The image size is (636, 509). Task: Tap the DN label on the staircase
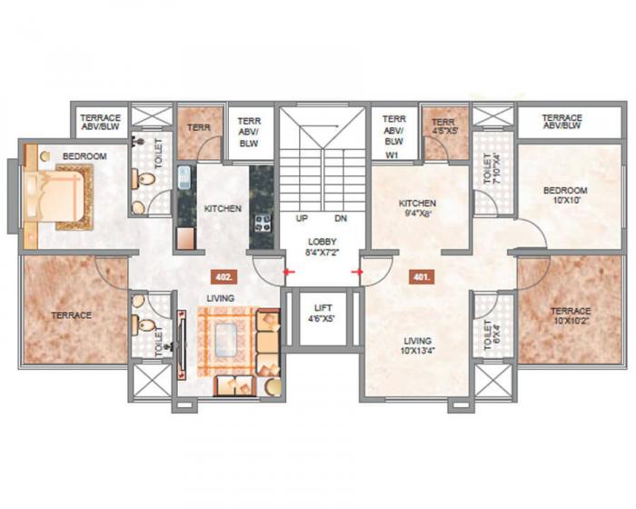[340, 219]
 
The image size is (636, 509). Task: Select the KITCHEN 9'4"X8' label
[417, 208]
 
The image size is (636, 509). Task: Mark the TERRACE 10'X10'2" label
[570, 315]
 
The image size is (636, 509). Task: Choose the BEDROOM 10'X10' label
[565, 195]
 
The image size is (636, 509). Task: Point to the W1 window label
[393, 155]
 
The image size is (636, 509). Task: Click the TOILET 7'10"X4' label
[492, 168]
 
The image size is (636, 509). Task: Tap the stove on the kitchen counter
[261, 221]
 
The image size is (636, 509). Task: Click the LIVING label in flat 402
[221, 298]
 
